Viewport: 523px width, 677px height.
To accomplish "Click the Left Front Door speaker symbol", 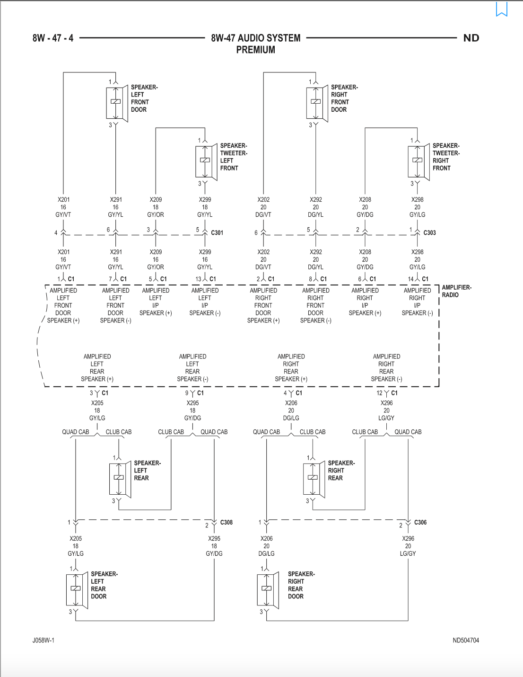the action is tap(117, 103).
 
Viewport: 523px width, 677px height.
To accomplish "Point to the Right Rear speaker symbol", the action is tap(314, 479).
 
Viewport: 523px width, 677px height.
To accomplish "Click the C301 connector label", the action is tap(217, 233).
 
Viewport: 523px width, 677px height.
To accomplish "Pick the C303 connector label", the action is tap(429, 233).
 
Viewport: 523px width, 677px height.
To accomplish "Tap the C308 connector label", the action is tap(226, 522).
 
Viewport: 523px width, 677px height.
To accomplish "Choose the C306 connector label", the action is tap(420, 522).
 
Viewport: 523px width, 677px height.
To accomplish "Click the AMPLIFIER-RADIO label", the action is tap(456, 291).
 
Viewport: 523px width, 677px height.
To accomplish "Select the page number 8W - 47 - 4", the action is tap(53, 38).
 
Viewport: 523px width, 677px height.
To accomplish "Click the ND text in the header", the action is tap(471, 38).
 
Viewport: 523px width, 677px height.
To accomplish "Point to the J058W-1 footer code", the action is tap(43, 640).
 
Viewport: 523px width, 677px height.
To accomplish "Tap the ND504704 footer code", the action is tap(466, 640).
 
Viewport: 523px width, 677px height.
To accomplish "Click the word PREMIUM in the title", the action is tap(255, 50).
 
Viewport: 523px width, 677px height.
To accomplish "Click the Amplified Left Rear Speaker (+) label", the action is tap(97, 368).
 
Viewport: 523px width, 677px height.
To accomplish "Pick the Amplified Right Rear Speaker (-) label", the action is tap(386, 368).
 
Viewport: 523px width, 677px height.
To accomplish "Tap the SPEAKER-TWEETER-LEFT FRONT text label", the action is tap(234, 157).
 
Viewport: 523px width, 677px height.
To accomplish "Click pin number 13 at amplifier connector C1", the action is tap(198, 279).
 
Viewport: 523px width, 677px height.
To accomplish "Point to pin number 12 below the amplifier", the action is tap(379, 393).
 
